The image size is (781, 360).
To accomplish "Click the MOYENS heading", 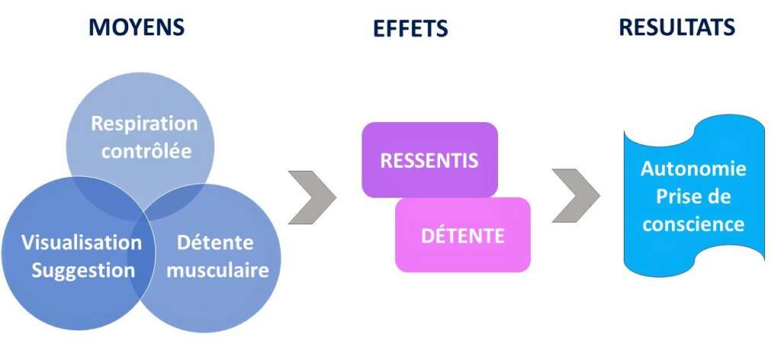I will pyautogui.click(x=137, y=27).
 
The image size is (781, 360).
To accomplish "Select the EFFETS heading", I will pyautogui.click(x=410, y=29).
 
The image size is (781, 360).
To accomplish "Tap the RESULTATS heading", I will pyautogui.click(x=677, y=27).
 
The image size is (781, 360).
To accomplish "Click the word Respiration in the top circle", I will pyautogui.click(x=144, y=124).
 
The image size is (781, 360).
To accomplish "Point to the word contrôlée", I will pyautogui.click(x=146, y=150).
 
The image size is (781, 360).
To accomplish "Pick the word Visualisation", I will pyautogui.click(x=82, y=243).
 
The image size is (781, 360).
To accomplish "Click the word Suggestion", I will pyautogui.click(x=83, y=270).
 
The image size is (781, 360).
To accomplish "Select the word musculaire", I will pyautogui.click(x=217, y=270).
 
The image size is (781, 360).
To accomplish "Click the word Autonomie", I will pyautogui.click(x=693, y=169).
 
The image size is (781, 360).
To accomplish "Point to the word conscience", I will pyautogui.click(x=693, y=224).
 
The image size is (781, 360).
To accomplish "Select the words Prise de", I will pyautogui.click(x=693, y=197).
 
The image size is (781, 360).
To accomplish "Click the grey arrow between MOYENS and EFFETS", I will pyautogui.click(x=311, y=198).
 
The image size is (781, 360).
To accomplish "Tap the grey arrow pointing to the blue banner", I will pyautogui.click(x=575, y=197).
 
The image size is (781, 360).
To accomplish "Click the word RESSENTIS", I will pyautogui.click(x=429, y=161).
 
